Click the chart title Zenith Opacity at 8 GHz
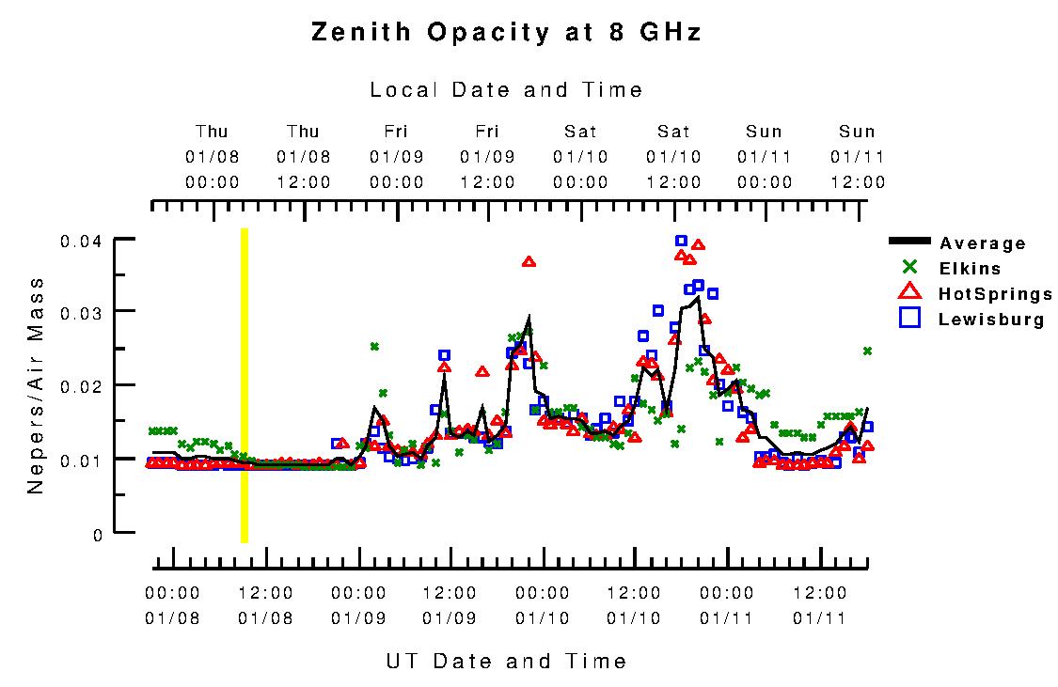click(x=506, y=33)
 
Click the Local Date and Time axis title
click(x=506, y=90)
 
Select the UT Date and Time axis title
click(x=506, y=661)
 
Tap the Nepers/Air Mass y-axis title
click(x=36, y=385)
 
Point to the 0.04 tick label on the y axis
click(x=81, y=242)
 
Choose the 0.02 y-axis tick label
click(x=81, y=386)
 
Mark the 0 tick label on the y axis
click(x=97, y=535)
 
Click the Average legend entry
click(x=983, y=244)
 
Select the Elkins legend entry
click(x=970, y=269)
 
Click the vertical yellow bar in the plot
click(x=245, y=385)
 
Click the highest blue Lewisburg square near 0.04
click(x=682, y=241)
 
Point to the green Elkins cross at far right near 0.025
click(x=867, y=351)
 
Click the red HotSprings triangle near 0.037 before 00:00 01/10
click(x=529, y=261)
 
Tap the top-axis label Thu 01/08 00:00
click(x=212, y=156)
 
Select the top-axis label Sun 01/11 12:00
click(x=857, y=156)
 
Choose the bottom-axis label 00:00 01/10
click(x=543, y=605)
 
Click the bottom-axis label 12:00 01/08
click(x=265, y=605)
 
